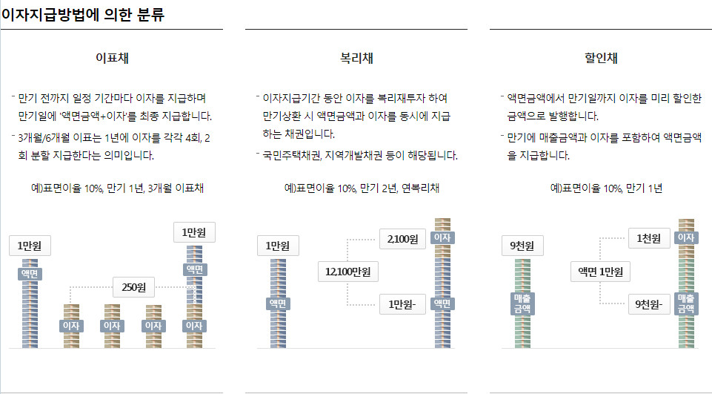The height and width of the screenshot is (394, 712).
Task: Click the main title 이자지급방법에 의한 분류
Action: pyautogui.click(x=82, y=13)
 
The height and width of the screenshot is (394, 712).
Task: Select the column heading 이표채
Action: pyautogui.click(x=112, y=57)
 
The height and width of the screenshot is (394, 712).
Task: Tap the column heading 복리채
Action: pyautogui.click(x=356, y=57)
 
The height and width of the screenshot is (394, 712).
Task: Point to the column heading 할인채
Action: pyautogui.click(x=601, y=57)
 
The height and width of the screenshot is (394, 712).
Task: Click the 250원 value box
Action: pyautogui.click(x=134, y=286)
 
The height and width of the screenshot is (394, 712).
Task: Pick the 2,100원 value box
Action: pyautogui.click(x=403, y=239)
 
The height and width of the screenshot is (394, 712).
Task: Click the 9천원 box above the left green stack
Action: pyautogui.click(x=523, y=246)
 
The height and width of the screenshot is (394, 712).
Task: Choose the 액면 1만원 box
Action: pyautogui.click(x=600, y=272)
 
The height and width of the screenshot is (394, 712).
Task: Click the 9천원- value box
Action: pyautogui.click(x=649, y=304)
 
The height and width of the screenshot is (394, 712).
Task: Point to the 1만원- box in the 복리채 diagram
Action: pyautogui.click(x=403, y=304)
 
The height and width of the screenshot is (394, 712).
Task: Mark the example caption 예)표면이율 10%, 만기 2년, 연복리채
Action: pyautogui.click(x=362, y=188)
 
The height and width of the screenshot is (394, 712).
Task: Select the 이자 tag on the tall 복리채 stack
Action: pyautogui.click(x=442, y=237)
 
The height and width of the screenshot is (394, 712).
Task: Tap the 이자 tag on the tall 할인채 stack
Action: pyautogui.click(x=685, y=237)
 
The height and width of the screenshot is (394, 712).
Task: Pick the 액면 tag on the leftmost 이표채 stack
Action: pyautogui.click(x=30, y=274)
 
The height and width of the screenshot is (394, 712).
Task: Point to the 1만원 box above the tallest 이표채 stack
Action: pyautogui.click(x=194, y=232)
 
